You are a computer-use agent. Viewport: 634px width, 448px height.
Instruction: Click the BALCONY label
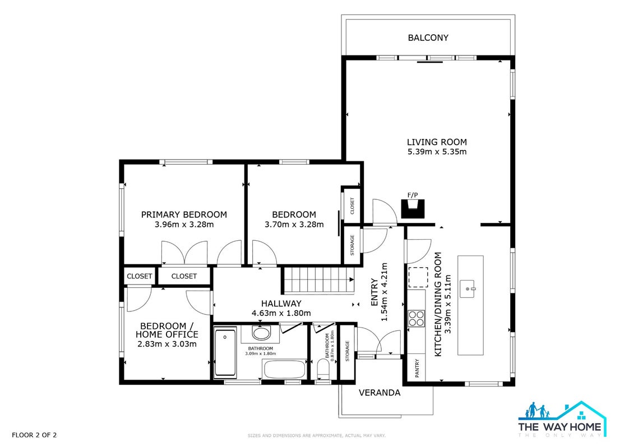(428, 38)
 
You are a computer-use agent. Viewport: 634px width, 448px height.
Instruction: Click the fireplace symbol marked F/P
(413, 209)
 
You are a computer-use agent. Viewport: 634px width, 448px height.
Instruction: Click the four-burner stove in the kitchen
(416, 318)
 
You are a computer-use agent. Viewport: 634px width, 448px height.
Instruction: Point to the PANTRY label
(417, 368)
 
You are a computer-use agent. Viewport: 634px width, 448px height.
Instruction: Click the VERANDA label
(380, 393)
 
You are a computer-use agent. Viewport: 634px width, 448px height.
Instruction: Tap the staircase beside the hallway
(318, 280)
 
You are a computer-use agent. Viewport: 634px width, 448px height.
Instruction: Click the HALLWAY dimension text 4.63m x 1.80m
(281, 313)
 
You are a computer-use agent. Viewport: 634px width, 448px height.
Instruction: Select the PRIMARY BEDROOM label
(184, 214)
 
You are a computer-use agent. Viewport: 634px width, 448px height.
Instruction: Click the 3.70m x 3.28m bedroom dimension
(294, 225)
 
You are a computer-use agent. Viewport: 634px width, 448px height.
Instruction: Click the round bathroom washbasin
(261, 333)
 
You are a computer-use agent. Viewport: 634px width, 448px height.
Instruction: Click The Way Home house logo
(562, 419)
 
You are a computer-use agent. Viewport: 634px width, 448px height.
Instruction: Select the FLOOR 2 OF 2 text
(34, 435)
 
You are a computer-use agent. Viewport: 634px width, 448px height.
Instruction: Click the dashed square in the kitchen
(418, 277)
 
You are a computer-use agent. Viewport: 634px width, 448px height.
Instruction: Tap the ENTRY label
(374, 292)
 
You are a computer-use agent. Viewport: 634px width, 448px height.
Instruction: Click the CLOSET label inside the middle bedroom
(352, 206)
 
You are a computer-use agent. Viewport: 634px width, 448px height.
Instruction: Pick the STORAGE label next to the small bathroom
(347, 351)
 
